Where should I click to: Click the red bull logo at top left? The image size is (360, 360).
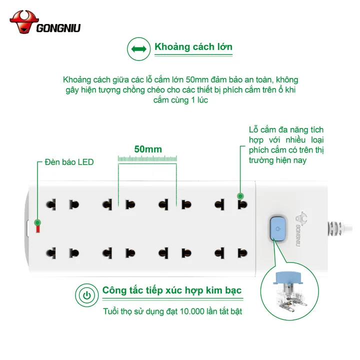(24, 22)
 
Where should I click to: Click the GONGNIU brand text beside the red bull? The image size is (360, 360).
(58, 28)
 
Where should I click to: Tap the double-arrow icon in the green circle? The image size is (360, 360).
(138, 49)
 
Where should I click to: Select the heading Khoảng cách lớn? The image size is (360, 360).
(193, 47)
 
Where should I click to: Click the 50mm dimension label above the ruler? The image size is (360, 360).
(148, 149)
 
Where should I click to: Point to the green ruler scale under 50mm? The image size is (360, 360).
(147, 158)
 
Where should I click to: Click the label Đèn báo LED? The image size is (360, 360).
(69, 162)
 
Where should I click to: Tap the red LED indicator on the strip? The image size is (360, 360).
(38, 229)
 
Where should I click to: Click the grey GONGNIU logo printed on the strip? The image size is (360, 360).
(299, 229)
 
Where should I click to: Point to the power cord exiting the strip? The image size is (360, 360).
(340, 228)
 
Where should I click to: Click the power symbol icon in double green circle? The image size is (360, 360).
(87, 295)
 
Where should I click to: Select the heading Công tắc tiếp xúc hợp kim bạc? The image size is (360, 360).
(172, 290)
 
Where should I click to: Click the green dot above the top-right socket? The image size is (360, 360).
(240, 196)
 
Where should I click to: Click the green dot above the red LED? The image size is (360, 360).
(37, 222)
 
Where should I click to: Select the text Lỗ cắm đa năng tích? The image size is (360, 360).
(286, 130)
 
